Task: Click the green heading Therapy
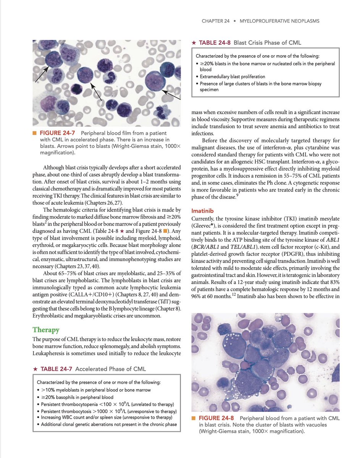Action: [46, 329]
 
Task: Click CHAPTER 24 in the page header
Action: [216, 21]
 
